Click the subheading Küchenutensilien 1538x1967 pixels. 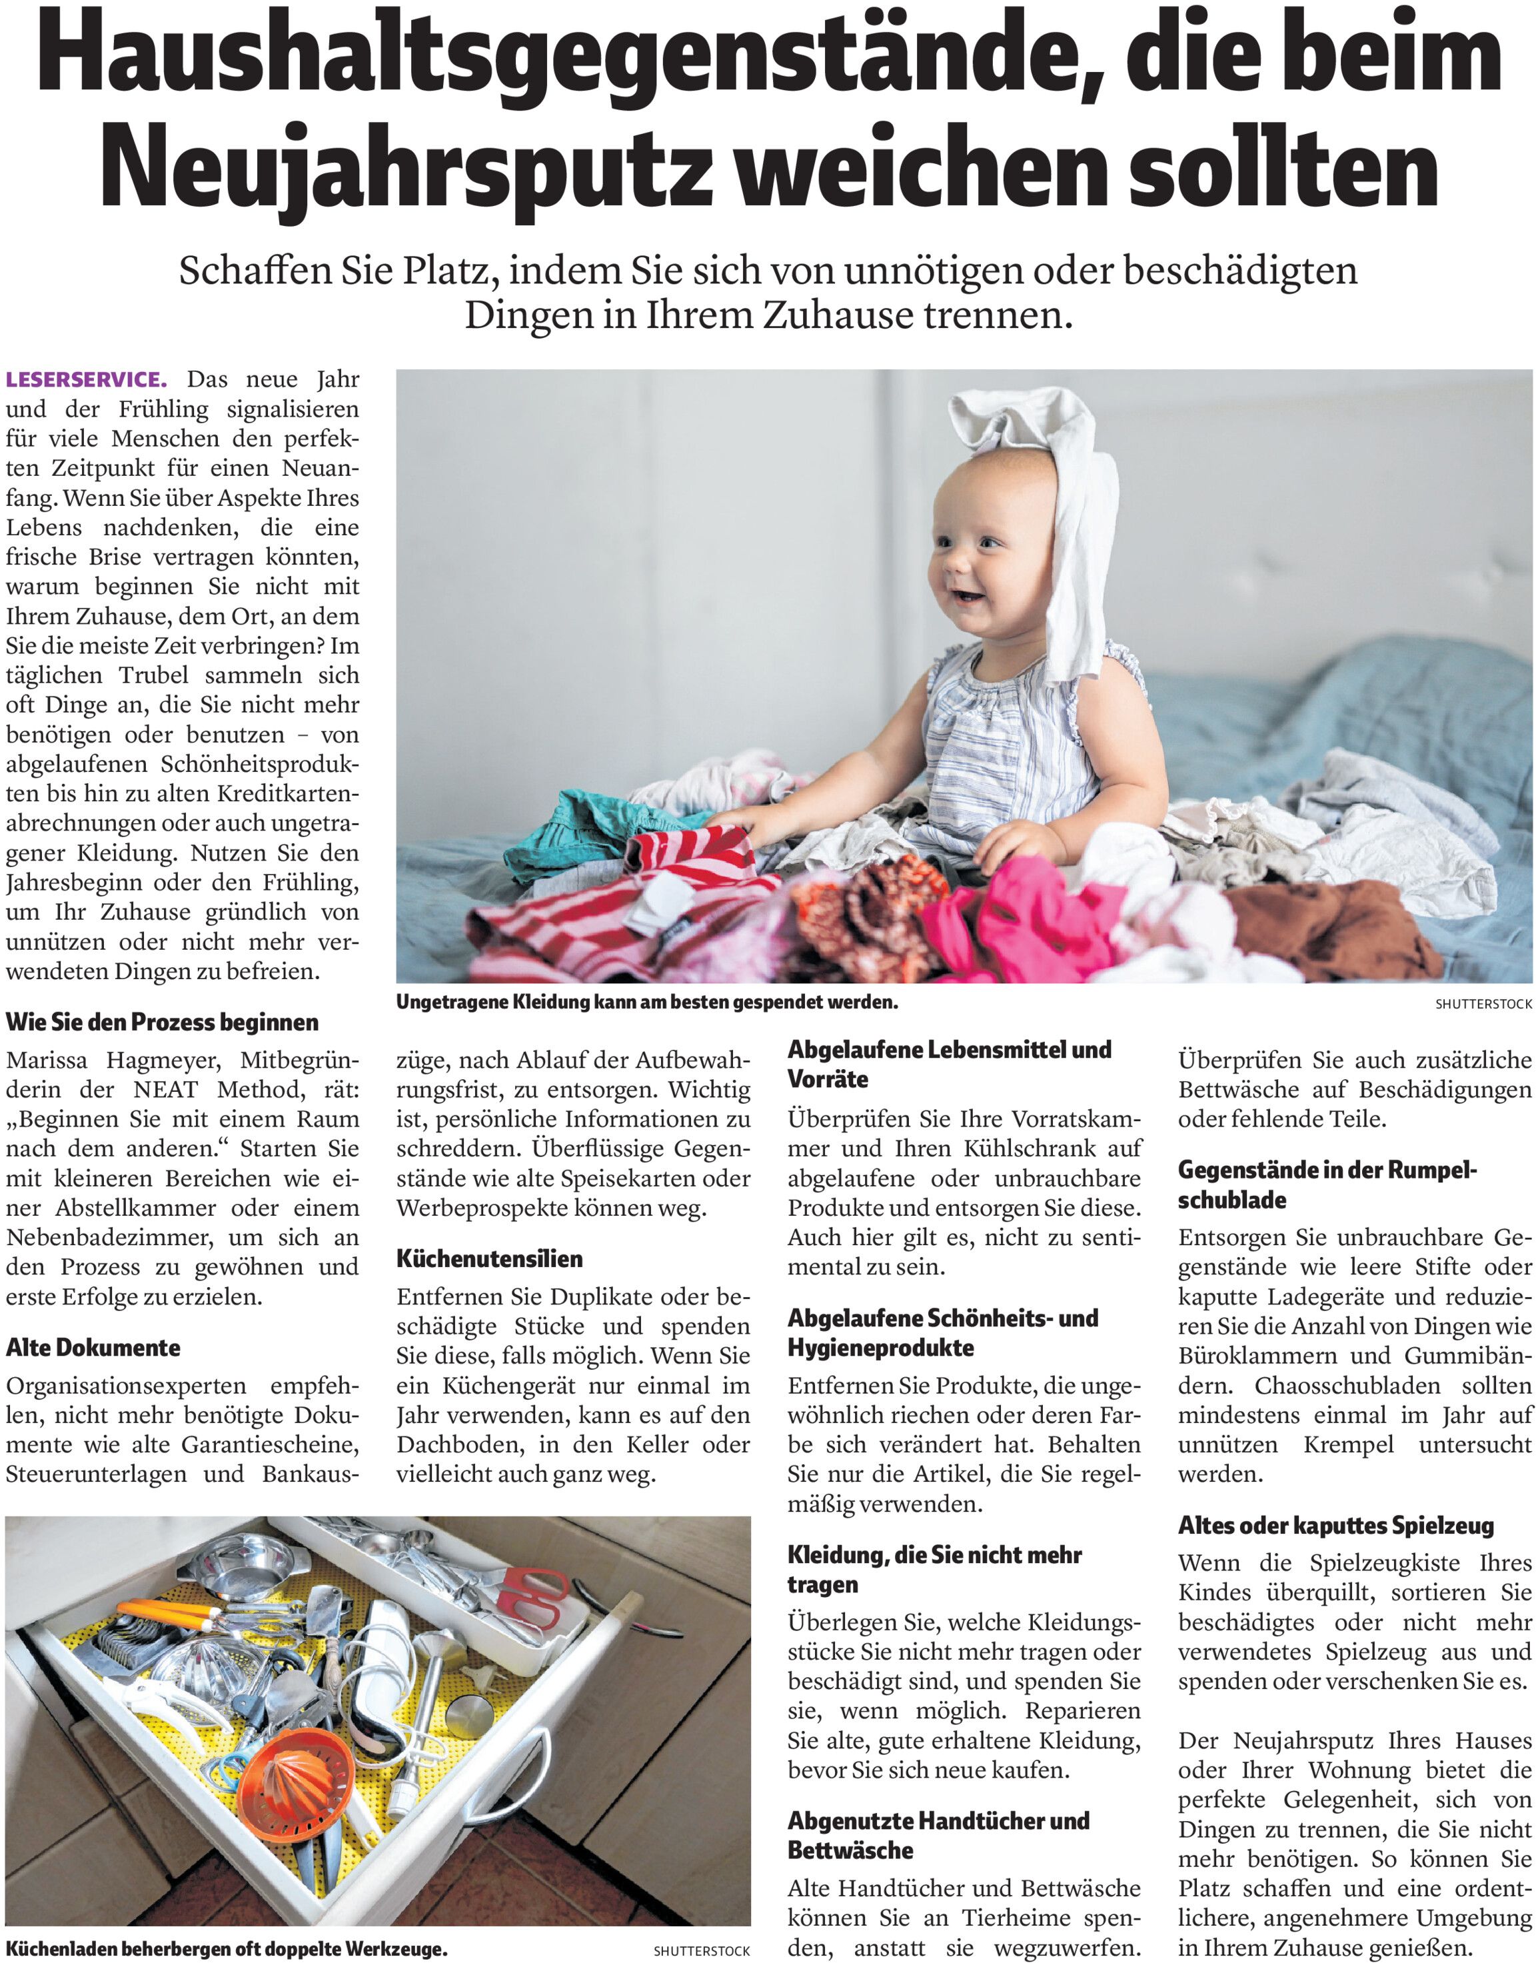click(489, 1258)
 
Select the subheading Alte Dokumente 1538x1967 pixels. click(93, 1347)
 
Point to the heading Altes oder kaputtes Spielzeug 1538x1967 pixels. click(1336, 1526)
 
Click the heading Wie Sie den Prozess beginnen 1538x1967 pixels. click(162, 1022)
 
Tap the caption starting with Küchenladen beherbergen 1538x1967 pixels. click(226, 1949)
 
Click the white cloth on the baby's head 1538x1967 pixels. click(1054, 477)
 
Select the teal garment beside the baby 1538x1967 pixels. click(585, 824)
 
